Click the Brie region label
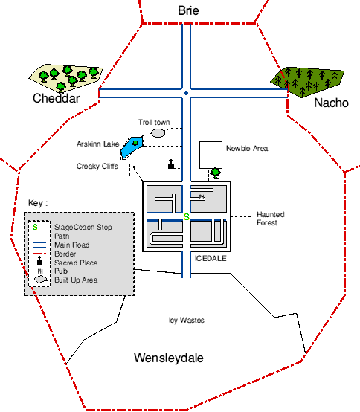coord(188,10)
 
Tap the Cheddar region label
coord(56,98)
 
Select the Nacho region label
coord(331,103)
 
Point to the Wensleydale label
coord(169,358)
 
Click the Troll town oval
coord(158,132)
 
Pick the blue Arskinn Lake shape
coord(132,147)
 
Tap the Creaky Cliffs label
coord(97,167)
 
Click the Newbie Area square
coord(210,155)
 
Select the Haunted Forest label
coord(271,219)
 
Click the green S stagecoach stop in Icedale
coord(186,217)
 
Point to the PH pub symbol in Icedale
coord(202,197)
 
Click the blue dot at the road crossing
coord(186,93)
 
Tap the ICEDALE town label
coord(210,259)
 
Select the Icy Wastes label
coord(187,321)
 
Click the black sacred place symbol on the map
coord(171,164)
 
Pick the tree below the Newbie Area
coord(216,173)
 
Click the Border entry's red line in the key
coord(39,254)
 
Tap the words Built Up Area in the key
coord(76,280)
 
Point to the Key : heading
coord(38,203)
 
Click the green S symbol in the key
coord(35,227)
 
